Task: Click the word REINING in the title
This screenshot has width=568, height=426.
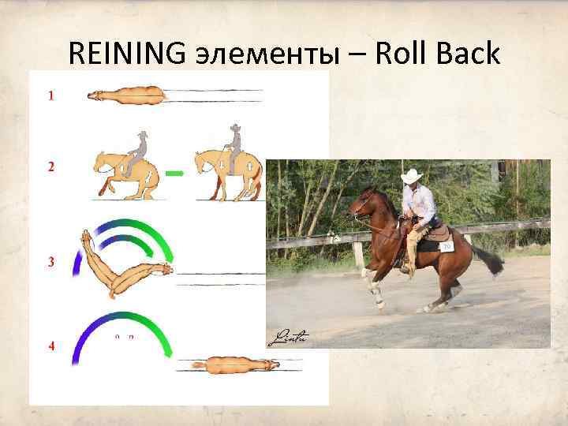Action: (125, 54)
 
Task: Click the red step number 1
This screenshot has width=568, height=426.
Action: (51, 96)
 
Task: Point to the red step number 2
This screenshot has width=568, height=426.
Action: (51, 167)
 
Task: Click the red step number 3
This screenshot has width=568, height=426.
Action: (51, 262)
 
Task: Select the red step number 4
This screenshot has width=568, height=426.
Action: (51, 346)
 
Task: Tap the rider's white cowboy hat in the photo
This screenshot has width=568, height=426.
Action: (411, 175)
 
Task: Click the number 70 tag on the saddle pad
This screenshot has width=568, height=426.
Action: (447, 247)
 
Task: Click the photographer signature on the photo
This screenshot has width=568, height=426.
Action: (287, 338)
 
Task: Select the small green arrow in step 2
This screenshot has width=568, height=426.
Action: (175, 172)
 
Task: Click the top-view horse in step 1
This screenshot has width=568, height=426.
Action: (126, 96)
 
